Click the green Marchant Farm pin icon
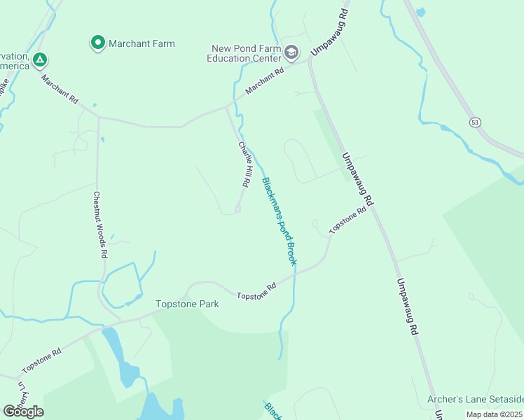tap(98, 43)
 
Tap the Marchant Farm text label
tap(142, 43)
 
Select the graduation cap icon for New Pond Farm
tap(292, 52)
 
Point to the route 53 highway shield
tap(476, 122)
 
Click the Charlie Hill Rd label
tap(244, 164)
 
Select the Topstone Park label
tap(187, 304)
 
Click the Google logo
tap(23, 412)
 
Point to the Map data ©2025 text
tap(495, 414)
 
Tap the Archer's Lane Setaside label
tap(475, 399)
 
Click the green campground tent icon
tap(41, 59)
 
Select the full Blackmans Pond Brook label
tap(279, 221)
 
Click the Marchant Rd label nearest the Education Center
tap(265, 82)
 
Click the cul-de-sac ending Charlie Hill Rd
tap(238, 208)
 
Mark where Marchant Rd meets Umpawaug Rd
tap(310, 62)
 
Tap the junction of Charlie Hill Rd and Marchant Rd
tap(226, 107)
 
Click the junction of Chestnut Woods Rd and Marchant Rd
tap(99, 117)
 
